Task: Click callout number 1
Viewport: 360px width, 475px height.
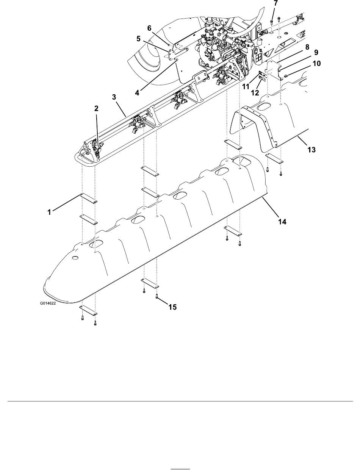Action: (49, 212)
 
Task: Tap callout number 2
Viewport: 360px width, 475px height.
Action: (96, 108)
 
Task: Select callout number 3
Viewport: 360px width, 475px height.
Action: (114, 97)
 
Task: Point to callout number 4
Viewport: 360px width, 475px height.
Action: (137, 93)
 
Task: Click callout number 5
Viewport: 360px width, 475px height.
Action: (138, 39)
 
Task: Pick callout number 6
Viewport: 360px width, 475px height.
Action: (149, 28)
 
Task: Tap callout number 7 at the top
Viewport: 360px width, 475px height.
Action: (275, 3)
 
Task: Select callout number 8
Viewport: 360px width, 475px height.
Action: (307, 47)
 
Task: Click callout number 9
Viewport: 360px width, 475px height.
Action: (316, 52)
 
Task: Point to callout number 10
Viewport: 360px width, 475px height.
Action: (317, 63)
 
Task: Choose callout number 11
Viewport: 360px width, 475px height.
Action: (246, 87)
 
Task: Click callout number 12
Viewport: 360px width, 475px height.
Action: (255, 93)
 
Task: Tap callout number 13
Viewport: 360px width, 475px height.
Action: (311, 150)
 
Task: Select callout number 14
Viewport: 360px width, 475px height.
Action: (282, 222)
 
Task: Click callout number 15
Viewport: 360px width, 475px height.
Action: (172, 307)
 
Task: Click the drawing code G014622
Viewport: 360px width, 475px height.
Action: (48, 303)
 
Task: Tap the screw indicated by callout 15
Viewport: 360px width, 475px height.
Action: (157, 296)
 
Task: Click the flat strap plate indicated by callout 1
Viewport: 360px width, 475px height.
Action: (88, 198)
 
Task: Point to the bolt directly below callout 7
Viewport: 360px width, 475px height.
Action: (271, 22)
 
